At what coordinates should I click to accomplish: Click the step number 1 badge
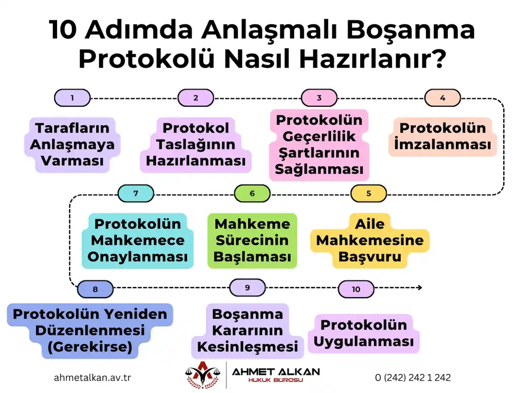tap(72, 98)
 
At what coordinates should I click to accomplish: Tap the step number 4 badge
tap(442, 98)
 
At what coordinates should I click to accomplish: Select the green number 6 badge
tap(252, 193)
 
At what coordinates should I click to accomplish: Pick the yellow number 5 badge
tap(368, 193)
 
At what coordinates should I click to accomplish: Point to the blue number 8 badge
tap(95, 289)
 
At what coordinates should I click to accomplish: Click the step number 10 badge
tap(356, 289)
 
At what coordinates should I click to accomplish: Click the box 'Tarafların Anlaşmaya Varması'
tap(72, 145)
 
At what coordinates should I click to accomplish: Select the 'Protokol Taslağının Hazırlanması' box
tap(196, 145)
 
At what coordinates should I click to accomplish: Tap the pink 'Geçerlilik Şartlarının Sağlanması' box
tap(319, 145)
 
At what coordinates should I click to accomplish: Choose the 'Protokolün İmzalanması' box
tap(442, 137)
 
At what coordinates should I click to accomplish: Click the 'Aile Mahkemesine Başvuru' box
tap(370, 240)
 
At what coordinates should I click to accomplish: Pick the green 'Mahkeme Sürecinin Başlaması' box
tap(252, 240)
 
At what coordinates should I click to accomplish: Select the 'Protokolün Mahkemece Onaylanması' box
tap(137, 240)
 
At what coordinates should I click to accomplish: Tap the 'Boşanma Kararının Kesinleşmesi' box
tap(247, 331)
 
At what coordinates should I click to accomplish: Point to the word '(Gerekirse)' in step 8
tap(89, 347)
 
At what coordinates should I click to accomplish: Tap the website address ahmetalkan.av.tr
tap(92, 377)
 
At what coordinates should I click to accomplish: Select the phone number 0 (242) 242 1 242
tap(412, 377)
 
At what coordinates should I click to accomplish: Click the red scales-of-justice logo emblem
tap(203, 374)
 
